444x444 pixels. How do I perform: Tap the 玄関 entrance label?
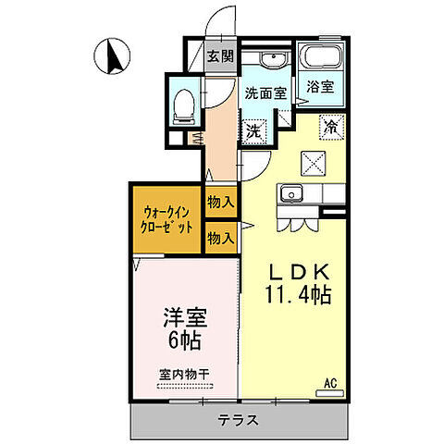click(219, 56)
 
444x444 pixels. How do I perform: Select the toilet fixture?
click(183, 103)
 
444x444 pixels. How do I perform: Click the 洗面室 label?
click(265, 93)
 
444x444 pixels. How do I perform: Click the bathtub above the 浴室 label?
click(322, 59)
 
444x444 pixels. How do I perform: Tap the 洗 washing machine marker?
click(253, 130)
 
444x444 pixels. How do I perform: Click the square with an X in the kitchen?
click(312, 163)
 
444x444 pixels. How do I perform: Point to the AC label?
click(330, 380)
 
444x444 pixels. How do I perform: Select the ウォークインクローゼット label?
click(167, 217)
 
